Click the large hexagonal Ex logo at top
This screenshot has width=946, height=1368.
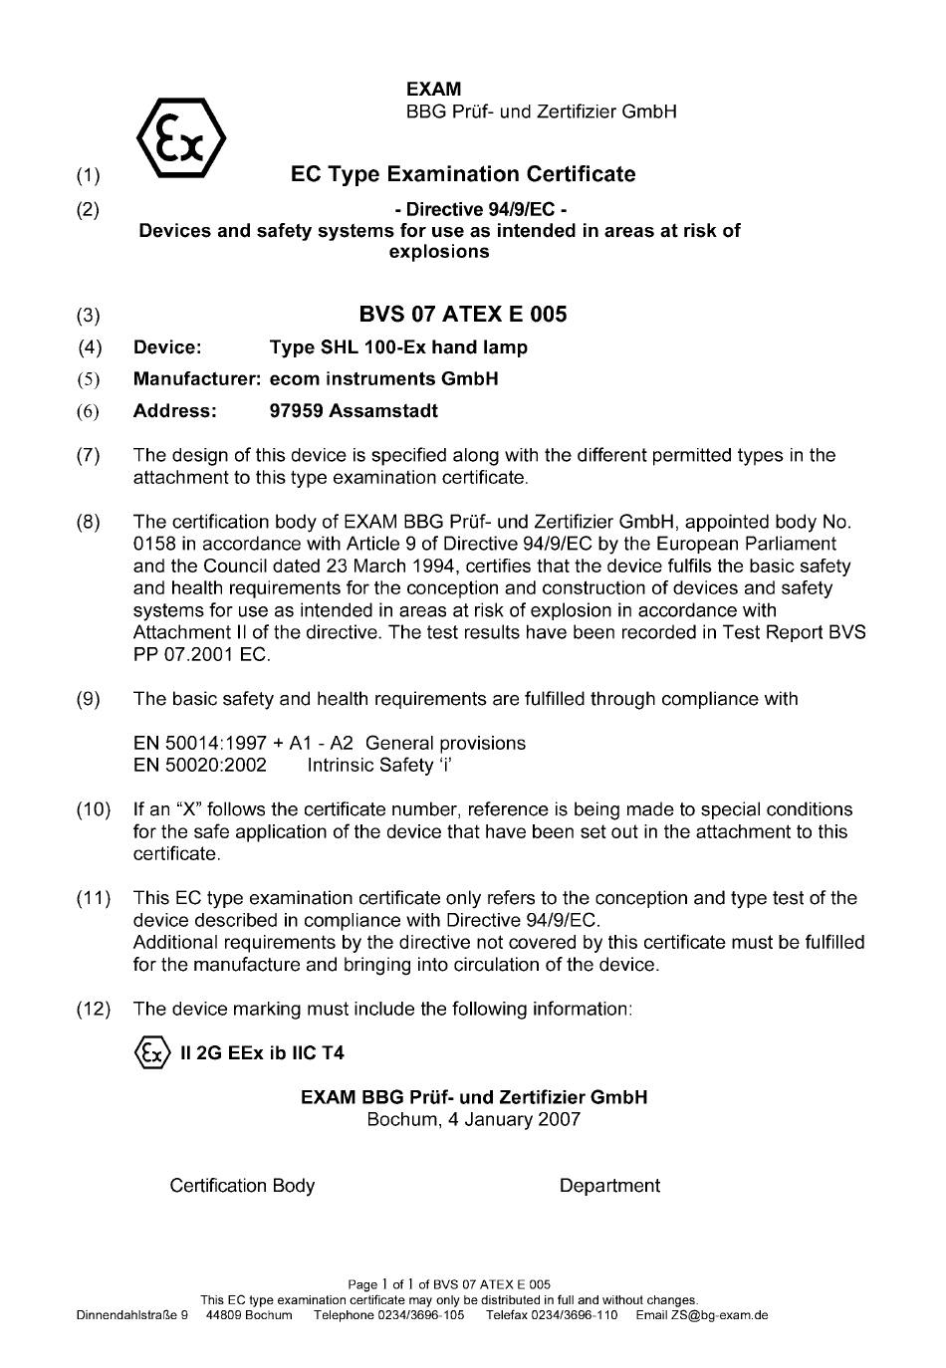180,137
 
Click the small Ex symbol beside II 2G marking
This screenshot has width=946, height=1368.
150,1052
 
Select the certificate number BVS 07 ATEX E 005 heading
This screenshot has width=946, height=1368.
463,315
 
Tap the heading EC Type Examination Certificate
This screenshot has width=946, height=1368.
463,174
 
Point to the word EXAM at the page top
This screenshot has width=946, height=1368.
433,90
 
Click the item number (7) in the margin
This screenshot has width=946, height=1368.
89,456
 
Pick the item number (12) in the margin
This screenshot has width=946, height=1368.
94,1009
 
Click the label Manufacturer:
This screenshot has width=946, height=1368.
197,379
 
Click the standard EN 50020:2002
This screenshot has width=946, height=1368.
200,766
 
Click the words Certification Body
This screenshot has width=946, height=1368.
242,1186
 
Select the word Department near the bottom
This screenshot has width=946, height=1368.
609,1186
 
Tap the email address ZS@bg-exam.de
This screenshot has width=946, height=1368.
718,1315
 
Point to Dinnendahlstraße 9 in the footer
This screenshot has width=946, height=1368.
132,1315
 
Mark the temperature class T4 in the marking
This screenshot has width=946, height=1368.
333,1052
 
